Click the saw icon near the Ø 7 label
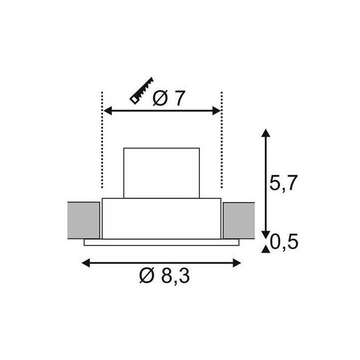141,91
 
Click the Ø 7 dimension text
169,98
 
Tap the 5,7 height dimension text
283,183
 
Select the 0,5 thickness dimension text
284,241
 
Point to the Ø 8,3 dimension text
164,275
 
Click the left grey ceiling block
84,220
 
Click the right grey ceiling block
239,220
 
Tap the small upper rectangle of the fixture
161,173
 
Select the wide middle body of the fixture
161,218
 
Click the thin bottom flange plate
161,242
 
